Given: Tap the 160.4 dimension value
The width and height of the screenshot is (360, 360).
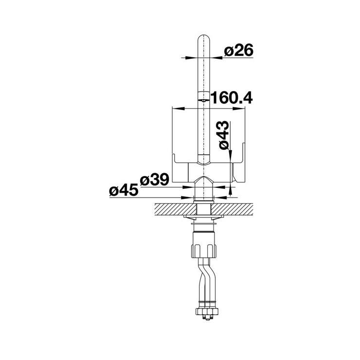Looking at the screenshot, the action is (x=232, y=98).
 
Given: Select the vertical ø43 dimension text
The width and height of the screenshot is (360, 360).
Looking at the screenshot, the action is (x=224, y=135).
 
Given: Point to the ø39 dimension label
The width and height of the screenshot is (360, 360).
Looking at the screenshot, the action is (x=155, y=180).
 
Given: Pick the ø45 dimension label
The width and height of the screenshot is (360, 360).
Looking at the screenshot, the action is (x=124, y=191).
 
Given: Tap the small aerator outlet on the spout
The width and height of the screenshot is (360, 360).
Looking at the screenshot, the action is (x=203, y=100).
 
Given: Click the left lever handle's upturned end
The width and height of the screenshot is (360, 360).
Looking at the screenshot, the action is (x=173, y=159).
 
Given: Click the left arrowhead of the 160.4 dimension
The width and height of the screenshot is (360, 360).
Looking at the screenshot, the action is (x=179, y=108).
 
